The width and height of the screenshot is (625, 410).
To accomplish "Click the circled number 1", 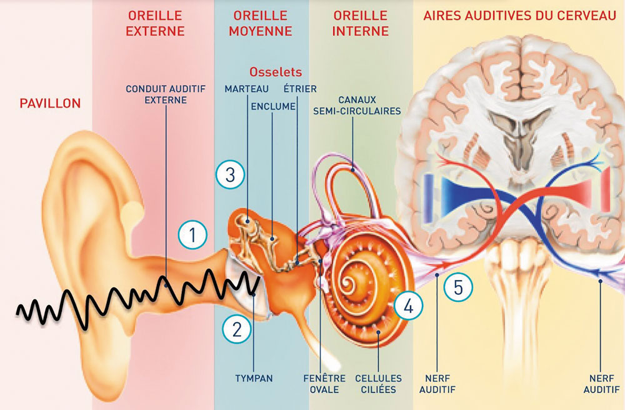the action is click(192, 234).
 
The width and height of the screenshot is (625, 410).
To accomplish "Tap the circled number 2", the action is click(237, 329).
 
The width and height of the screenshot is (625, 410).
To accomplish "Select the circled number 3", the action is click(230, 174).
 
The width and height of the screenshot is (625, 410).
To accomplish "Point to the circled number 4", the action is click(409, 306).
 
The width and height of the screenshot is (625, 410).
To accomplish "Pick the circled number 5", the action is click(458, 286).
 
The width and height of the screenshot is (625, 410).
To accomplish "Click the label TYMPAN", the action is click(254, 378).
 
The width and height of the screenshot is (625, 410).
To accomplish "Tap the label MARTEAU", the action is click(246, 89).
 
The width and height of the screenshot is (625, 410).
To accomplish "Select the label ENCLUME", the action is click(273, 106).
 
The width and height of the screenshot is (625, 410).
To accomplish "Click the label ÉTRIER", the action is click(300, 88).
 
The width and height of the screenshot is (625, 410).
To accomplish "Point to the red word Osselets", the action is click(276, 72).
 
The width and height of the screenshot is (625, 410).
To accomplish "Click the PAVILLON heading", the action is click(50, 104).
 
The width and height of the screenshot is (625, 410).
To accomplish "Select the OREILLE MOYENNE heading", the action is click(261, 23).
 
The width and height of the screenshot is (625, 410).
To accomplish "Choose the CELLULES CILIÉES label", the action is click(379, 384).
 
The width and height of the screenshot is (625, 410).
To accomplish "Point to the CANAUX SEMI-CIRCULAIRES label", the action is click(357, 105).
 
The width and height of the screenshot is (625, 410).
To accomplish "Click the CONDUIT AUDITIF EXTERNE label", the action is click(166, 94).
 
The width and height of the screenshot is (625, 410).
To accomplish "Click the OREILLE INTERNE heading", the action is click(361, 23).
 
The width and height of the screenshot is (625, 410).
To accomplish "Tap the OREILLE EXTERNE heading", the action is click(155, 23).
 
